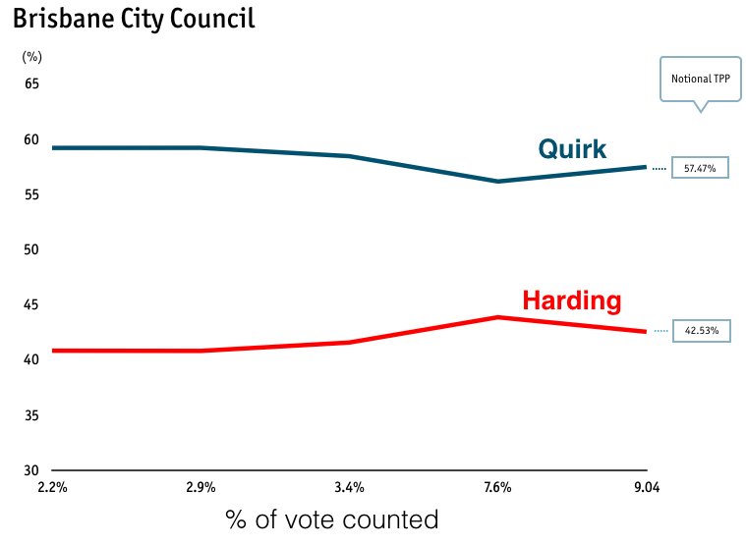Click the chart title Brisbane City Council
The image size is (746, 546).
pyautogui.click(x=134, y=19)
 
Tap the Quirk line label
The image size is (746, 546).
pyautogui.click(x=572, y=149)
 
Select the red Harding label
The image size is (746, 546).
pyautogui.click(x=571, y=300)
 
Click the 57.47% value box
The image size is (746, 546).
pyautogui.click(x=700, y=169)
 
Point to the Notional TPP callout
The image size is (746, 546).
pyautogui.click(x=701, y=79)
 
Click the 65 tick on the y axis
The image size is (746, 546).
pyautogui.click(x=32, y=84)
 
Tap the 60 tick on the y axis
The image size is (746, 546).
pyautogui.click(x=32, y=139)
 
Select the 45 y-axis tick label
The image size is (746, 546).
pyautogui.click(x=32, y=304)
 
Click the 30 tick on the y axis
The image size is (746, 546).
pyautogui.click(x=32, y=470)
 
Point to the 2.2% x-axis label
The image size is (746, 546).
pyautogui.click(x=51, y=487)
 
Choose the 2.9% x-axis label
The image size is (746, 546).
pyautogui.click(x=201, y=487)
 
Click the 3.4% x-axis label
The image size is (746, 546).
pyautogui.click(x=350, y=487)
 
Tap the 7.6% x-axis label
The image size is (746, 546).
pyautogui.click(x=498, y=487)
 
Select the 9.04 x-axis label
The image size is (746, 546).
pyautogui.click(x=646, y=487)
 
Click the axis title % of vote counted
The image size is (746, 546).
pyautogui.click(x=331, y=519)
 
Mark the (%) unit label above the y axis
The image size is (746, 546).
pyautogui.click(x=31, y=58)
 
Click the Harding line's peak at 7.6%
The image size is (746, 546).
pyautogui.click(x=498, y=317)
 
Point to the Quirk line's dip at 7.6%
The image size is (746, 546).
pyautogui.click(x=498, y=182)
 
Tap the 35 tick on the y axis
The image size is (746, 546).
pyautogui.click(x=32, y=415)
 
